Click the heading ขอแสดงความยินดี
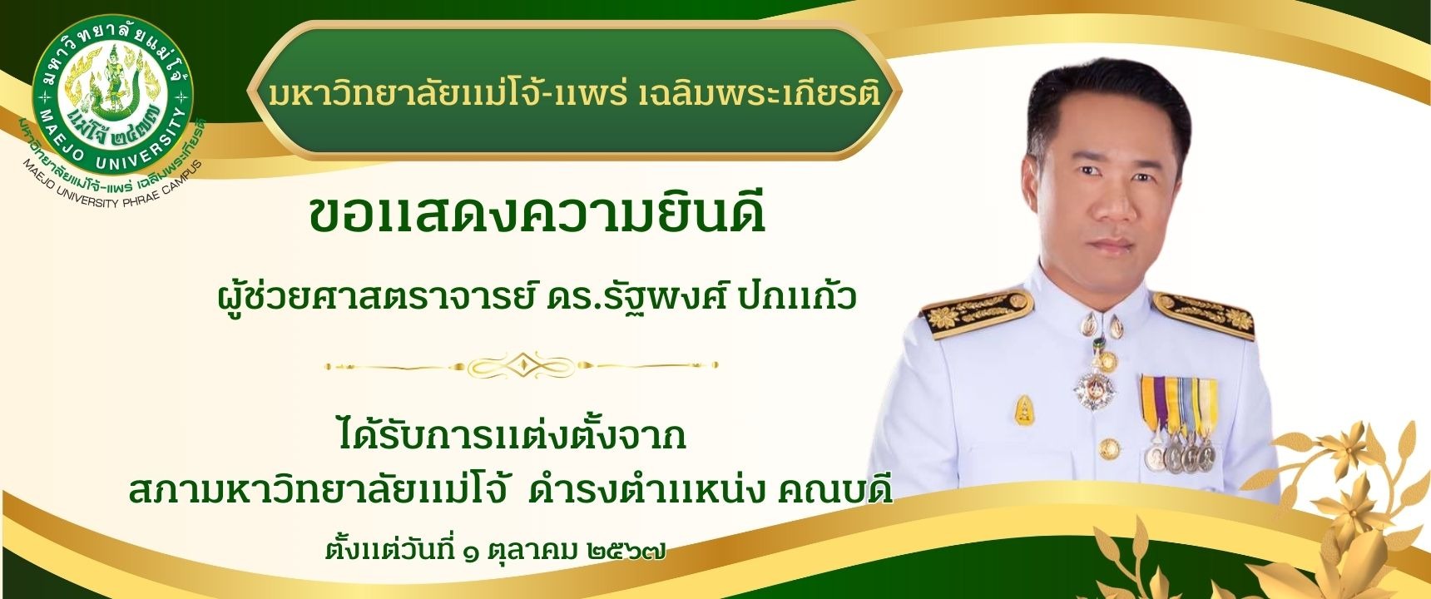click(537, 215)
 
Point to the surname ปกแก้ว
click(797, 296)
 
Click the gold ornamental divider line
click(522, 365)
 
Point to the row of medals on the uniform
click(1178, 424)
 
